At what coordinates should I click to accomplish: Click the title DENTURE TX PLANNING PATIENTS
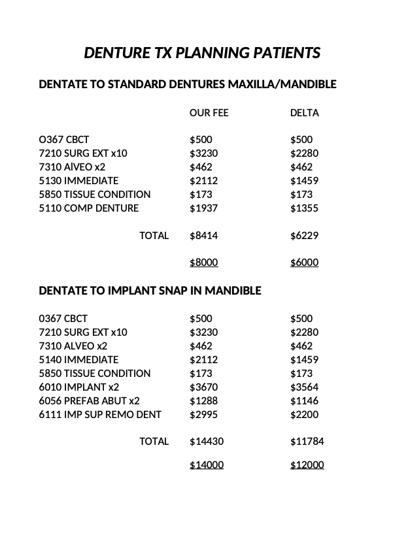click(202, 53)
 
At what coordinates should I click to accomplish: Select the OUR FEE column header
click(209, 113)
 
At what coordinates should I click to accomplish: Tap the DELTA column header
click(304, 113)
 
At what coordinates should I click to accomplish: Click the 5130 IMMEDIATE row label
click(78, 181)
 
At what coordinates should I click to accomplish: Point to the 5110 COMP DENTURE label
click(89, 208)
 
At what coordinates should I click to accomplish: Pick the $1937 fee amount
click(203, 208)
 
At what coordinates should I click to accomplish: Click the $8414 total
click(203, 236)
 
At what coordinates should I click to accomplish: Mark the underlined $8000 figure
click(203, 263)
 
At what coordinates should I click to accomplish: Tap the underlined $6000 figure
click(304, 263)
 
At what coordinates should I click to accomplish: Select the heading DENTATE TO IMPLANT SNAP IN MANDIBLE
click(150, 291)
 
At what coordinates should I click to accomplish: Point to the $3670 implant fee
click(203, 387)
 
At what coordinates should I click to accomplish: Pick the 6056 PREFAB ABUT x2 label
click(89, 401)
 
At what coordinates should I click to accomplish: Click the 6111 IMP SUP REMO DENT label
click(100, 415)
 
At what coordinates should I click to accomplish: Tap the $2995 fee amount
click(203, 415)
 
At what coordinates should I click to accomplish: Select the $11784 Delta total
click(307, 442)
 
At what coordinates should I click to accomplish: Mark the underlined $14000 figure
click(206, 465)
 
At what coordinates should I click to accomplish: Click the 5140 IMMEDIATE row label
click(78, 360)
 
